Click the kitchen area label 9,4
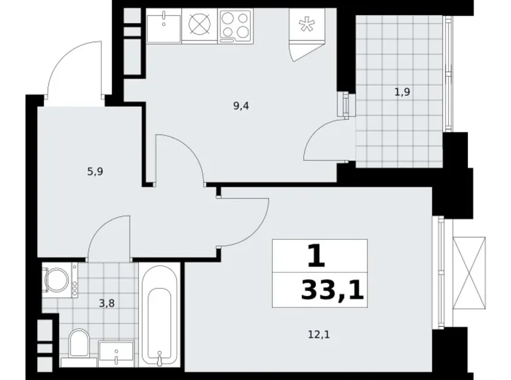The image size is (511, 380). (x=241, y=105)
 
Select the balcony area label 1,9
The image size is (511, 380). (x=402, y=92)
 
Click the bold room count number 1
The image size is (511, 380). (x=316, y=256)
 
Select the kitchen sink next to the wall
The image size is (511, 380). (x=162, y=27)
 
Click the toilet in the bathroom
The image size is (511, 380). (x=79, y=342)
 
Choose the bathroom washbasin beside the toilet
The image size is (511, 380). (x=117, y=352)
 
